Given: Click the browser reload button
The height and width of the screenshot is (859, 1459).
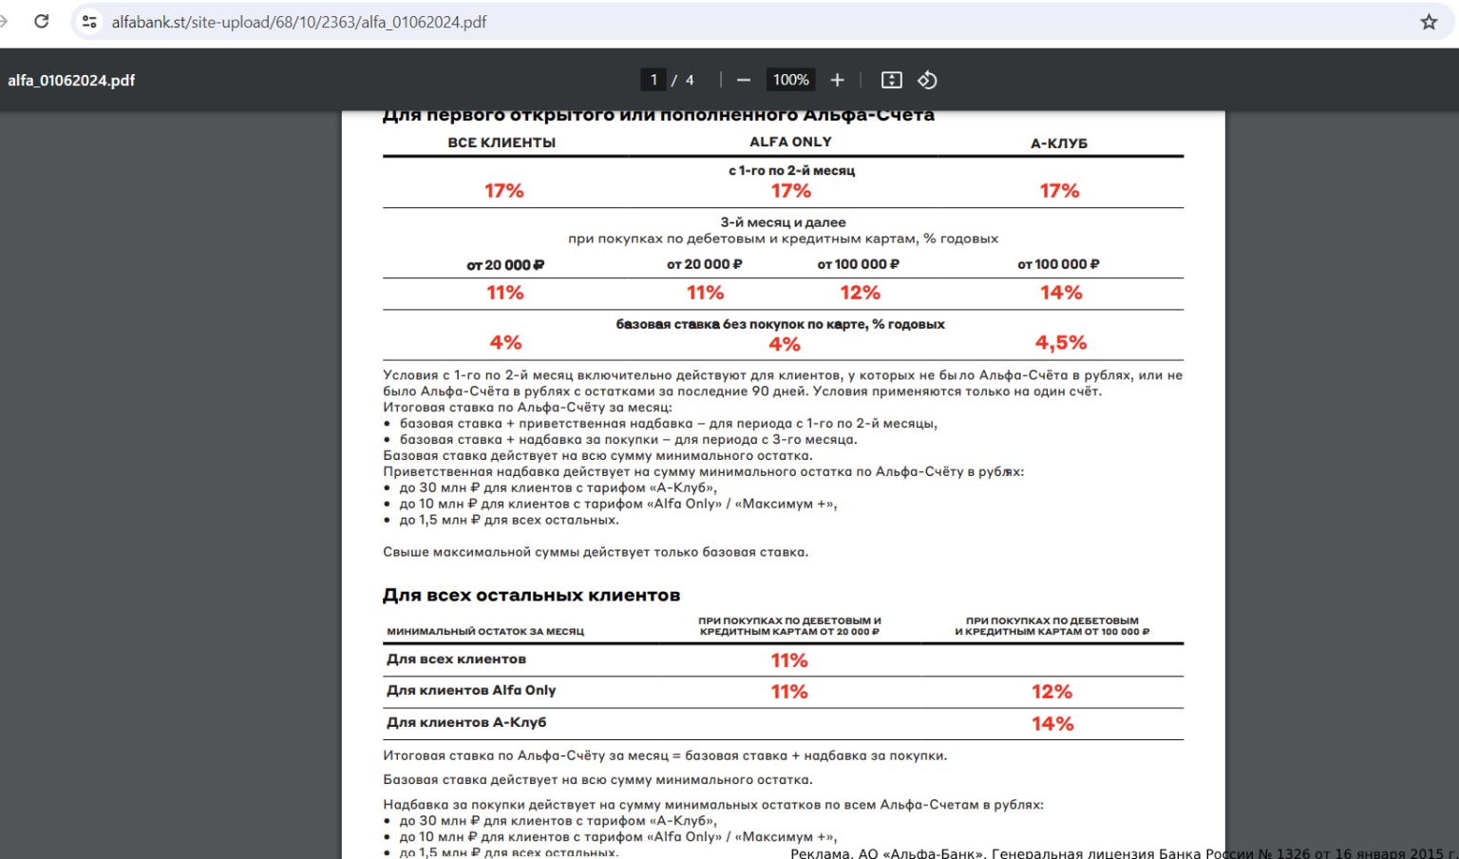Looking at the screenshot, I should tap(41, 21).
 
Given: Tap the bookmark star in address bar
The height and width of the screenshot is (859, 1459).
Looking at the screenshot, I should tap(1429, 22).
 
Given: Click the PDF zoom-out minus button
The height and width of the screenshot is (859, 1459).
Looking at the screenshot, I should tap(744, 80).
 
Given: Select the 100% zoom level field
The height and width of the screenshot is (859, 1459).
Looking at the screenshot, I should tap(790, 80).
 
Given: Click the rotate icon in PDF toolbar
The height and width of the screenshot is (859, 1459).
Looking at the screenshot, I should tap(928, 80).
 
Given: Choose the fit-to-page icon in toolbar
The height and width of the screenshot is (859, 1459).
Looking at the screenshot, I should tap(891, 80).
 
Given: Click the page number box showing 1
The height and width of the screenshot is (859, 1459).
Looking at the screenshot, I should tap(654, 80).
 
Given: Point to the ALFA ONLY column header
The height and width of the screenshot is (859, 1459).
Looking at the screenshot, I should tap(790, 142).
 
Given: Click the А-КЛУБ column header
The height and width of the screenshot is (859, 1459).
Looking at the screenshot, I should tap(1059, 143).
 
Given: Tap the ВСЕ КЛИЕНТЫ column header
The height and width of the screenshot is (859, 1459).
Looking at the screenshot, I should tap(502, 143).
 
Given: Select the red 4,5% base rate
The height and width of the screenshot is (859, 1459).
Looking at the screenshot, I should tap(1061, 342).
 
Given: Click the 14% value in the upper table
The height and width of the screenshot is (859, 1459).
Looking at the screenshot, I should tap(1061, 293).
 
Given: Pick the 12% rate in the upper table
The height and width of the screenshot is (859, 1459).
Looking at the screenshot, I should tap(860, 293).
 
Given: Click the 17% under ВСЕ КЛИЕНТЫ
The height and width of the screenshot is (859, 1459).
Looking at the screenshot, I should tap(504, 191).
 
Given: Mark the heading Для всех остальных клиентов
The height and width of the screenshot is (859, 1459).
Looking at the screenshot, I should tap(531, 596).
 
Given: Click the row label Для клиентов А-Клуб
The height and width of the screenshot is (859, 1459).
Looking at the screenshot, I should tap(466, 722).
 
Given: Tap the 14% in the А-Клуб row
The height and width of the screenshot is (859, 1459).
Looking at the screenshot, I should tap(1052, 724).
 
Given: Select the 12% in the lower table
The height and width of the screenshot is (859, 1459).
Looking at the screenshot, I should tap(1052, 692).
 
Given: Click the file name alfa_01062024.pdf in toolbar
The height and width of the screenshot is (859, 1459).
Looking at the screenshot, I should tap(71, 81).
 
